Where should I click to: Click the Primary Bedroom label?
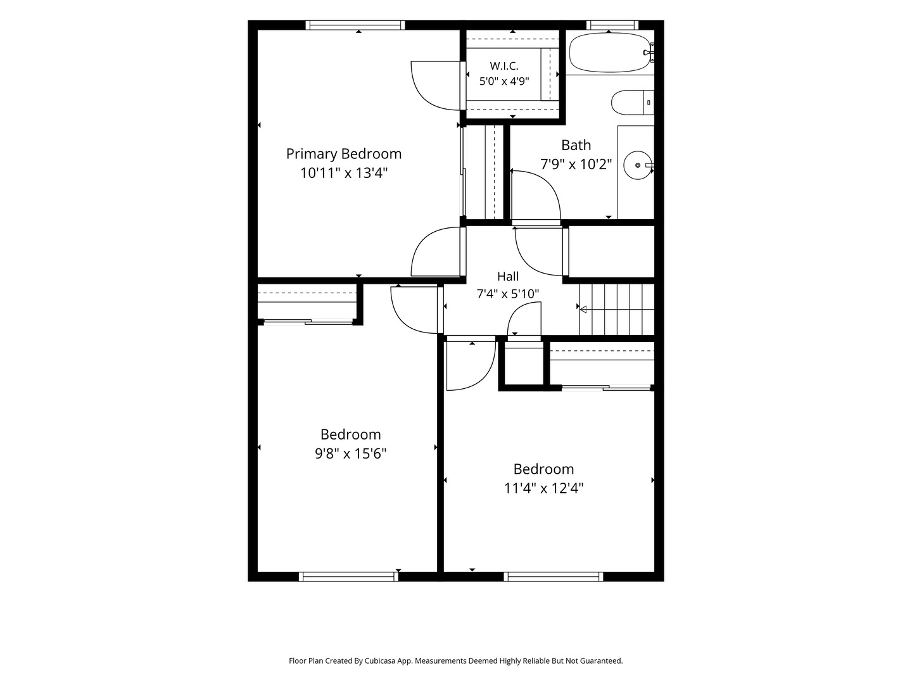pyautogui.click(x=344, y=154)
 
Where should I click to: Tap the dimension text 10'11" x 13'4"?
pyautogui.click(x=344, y=173)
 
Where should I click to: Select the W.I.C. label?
pyautogui.click(x=504, y=66)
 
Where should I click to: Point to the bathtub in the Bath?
pyautogui.click(x=609, y=53)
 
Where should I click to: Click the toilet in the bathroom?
pyautogui.click(x=632, y=102)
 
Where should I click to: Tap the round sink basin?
pyautogui.click(x=638, y=165)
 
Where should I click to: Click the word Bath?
pyautogui.click(x=576, y=145)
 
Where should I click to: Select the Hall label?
pyautogui.click(x=508, y=276)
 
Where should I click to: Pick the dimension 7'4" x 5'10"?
pyautogui.click(x=508, y=294)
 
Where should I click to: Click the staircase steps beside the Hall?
pyautogui.click(x=617, y=310)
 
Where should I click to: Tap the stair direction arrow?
pyautogui.click(x=583, y=310)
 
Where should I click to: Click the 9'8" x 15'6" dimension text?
pyautogui.click(x=350, y=453)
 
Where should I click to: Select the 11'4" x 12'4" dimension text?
pyautogui.click(x=543, y=488)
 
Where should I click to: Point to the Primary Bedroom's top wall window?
pyautogui.click(x=355, y=25)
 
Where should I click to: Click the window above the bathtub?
pyautogui.click(x=612, y=25)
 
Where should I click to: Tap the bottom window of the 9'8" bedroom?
pyautogui.click(x=348, y=576)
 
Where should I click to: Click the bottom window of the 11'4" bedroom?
pyautogui.click(x=554, y=576)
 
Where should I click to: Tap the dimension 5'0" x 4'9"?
pyautogui.click(x=504, y=82)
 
